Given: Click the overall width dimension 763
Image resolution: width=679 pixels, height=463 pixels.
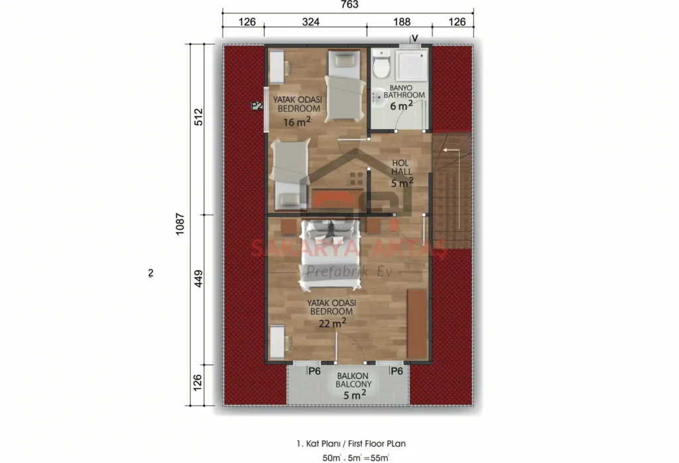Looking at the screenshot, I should pyautogui.click(x=349, y=5).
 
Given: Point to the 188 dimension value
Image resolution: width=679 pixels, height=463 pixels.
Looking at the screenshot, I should pyautogui.click(x=402, y=22).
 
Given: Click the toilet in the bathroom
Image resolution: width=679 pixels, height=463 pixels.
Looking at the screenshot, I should pyautogui.click(x=381, y=66).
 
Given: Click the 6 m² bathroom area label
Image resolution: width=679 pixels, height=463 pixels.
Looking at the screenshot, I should pyautogui.click(x=401, y=105).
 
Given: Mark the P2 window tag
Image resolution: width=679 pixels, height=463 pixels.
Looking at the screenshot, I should pyautogui.click(x=257, y=105).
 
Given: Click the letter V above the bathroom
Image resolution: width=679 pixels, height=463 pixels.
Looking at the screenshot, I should pyautogui.click(x=415, y=38).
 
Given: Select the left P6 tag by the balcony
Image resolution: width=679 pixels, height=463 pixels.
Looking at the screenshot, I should pyautogui.click(x=314, y=371).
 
